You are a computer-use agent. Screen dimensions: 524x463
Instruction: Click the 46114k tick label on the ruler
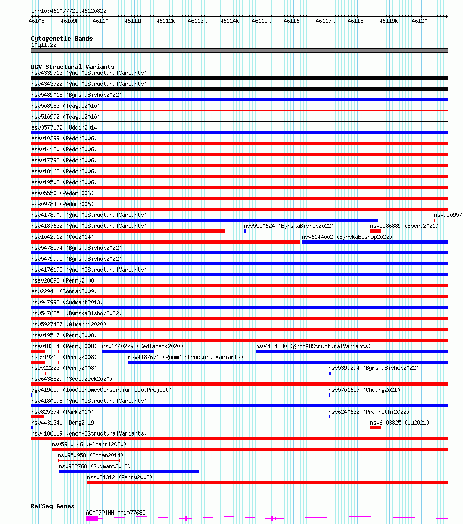pyautogui.click(x=229, y=21)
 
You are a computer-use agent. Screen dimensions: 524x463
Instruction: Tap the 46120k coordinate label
pyautogui.click(x=420, y=21)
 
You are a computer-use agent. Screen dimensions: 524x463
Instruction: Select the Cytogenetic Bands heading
pyautogui.click(x=61, y=39)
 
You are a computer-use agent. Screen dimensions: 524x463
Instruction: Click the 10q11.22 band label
pyautogui.click(x=44, y=45)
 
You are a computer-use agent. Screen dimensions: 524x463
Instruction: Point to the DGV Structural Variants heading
pyautogui.click(x=72, y=67)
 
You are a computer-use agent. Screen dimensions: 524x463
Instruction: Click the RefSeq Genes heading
pyautogui.click(x=53, y=506)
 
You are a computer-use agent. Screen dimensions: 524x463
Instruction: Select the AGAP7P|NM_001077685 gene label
pyautogui.click(x=115, y=513)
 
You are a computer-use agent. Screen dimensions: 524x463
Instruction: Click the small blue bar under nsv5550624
pyautogui.click(x=245, y=231)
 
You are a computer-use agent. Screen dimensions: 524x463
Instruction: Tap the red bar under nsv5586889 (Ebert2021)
pyautogui.click(x=376, y=231)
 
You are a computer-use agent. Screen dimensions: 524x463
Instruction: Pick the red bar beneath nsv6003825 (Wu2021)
pyautogui.click(x=376, y=428)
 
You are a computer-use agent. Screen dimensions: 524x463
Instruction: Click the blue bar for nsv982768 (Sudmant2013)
pyautogui.click(x=129, y=471)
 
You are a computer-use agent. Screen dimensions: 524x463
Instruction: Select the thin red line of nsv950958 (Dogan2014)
pyautogui.click(x=89, y=461)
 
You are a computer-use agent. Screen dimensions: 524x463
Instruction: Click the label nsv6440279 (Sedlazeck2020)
pyautogui.click(x=143, y=346)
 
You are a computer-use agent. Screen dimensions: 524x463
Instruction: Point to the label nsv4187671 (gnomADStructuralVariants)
pyautogui.click(x=186, y=357)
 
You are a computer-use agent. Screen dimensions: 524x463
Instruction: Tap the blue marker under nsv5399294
pyautogui.click(x=330, y=373)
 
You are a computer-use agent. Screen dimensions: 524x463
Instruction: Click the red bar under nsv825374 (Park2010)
pyautogui.click(x=37, y=417)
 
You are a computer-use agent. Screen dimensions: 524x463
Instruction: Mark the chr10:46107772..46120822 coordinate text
pyautogui.click(x=69, y=11)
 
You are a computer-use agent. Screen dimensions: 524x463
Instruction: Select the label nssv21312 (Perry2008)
pyautogui.click(x=120, y=477)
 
